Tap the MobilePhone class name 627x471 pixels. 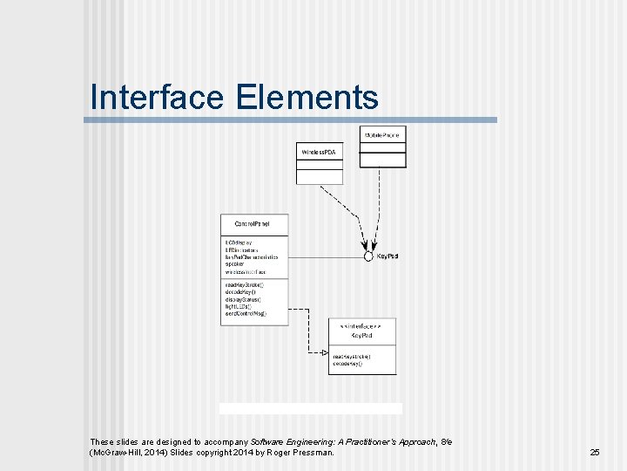(382, 136)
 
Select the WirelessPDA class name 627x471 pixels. (319, 153)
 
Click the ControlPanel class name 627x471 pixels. (253, 224)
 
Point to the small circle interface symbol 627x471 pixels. (368, 256)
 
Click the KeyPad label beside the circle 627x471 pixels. (388, 256)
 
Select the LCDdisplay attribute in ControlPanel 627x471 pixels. (239, 242)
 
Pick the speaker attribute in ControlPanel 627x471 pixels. (235, 265)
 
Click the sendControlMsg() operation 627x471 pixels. (246, 313)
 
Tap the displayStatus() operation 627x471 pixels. (243, 299)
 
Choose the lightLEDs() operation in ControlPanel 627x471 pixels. (239, 306)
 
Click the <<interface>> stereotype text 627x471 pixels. (361, 324)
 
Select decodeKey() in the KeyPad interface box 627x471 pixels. (347, 364)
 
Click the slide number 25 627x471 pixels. (595, 453)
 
